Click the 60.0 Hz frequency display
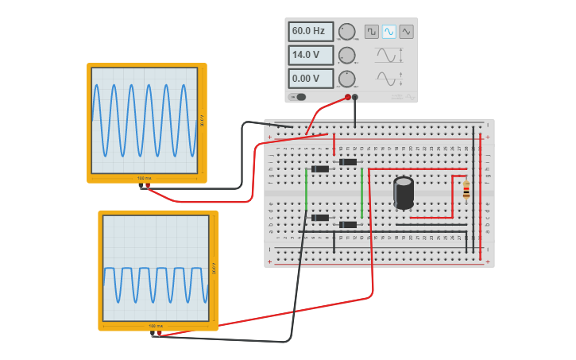click(310, 32)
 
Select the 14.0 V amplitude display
click(310, 56)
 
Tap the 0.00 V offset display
click(310, 79)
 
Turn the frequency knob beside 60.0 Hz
click(346, 32)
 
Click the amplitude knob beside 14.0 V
click(346, 56)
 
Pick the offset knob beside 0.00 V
click(346, 79)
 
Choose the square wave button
click(372, 32)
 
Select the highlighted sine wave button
click(389, 32)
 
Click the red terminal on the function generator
click(347, 97)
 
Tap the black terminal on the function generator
click(355, 97)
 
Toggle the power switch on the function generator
click(299, 97)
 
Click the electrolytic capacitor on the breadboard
click(404, 192)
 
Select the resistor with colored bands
click(466, 190)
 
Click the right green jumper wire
click(361, 192)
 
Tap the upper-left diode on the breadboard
click(320, 168)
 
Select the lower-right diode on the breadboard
click(348, 224)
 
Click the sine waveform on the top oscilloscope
click(144, 120)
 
